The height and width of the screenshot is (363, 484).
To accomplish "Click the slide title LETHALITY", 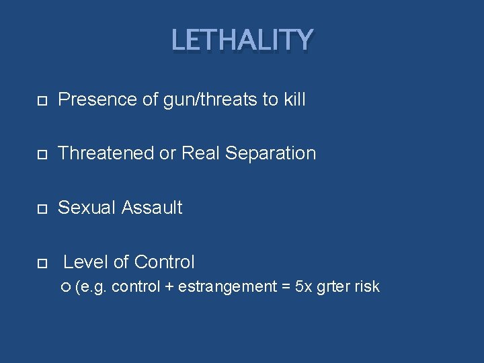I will click(242, 40).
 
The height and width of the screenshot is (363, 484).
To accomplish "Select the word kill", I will click(294, 100).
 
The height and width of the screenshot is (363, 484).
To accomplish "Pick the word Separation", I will click(270, 153).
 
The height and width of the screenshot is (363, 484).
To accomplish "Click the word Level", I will click(83, 261).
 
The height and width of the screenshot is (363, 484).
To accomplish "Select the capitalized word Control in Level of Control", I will click(164, 261).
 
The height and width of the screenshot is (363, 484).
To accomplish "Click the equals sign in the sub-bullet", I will click(286, 287).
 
